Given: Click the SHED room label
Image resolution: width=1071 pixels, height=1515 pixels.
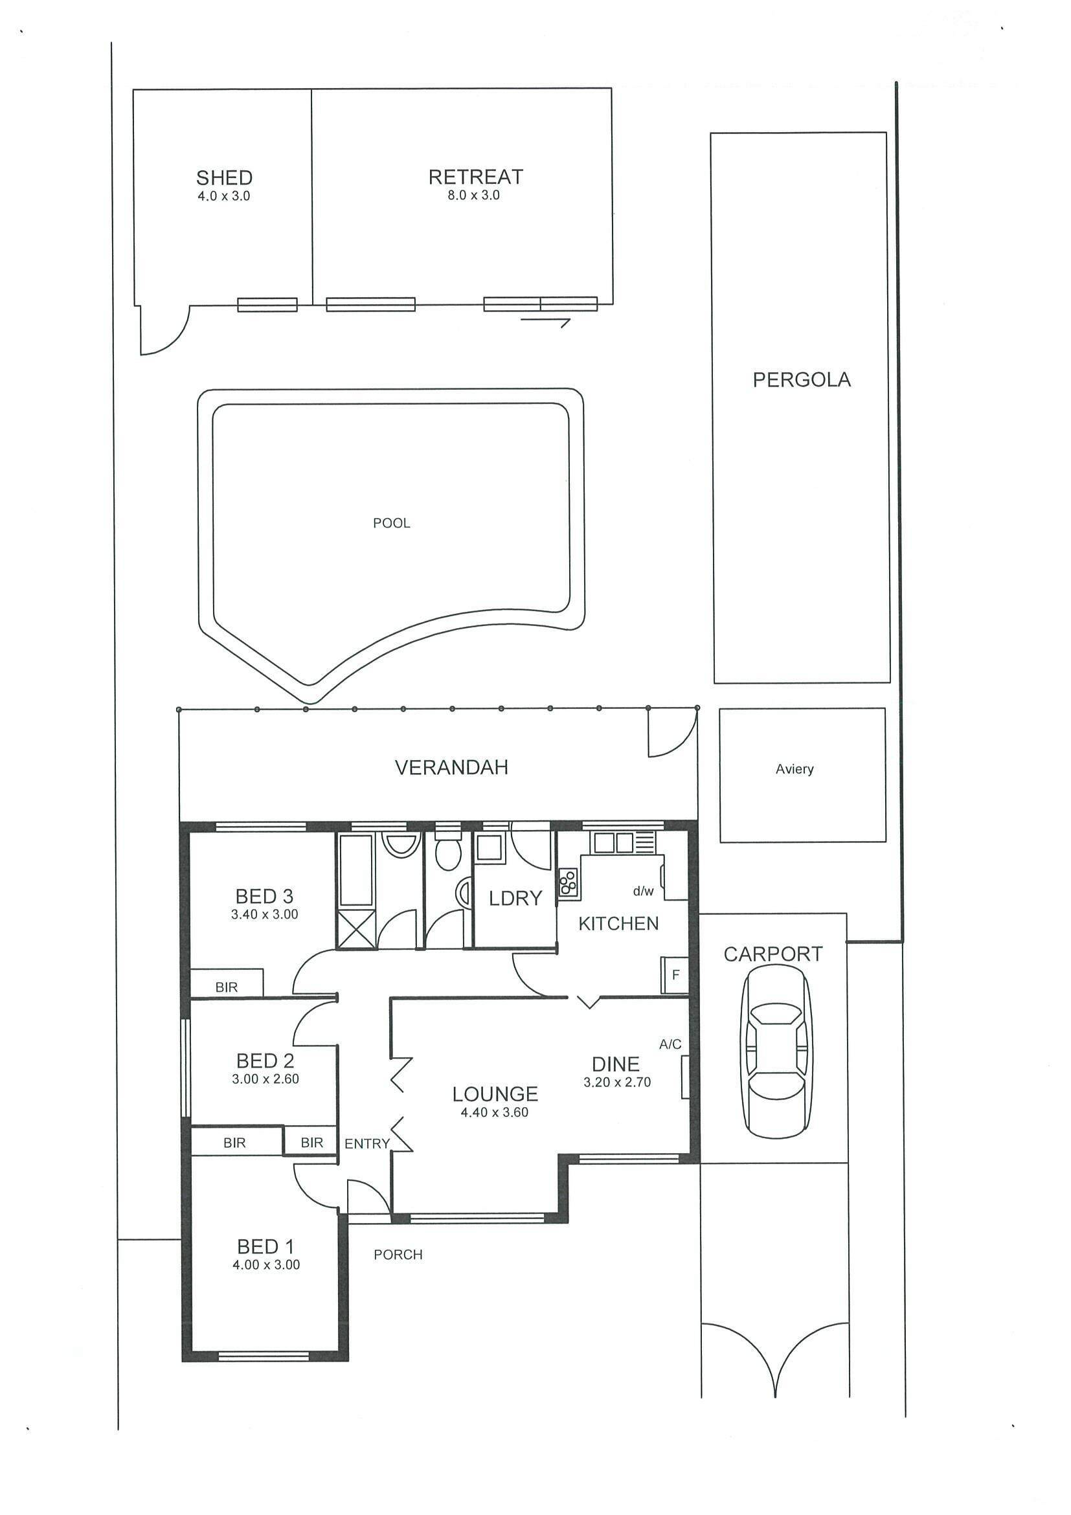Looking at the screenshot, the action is tap(224, 177).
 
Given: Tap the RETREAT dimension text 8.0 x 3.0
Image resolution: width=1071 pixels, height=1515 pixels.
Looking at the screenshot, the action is tap(474, 196).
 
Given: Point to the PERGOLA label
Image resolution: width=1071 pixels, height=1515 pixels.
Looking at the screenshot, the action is tap(802, 379).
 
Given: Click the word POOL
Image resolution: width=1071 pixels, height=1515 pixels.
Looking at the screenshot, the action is tap(392, 523).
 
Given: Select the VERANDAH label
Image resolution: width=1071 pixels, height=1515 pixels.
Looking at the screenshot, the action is tap(451, 767).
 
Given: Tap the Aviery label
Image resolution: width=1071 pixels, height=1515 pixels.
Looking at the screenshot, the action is tap(795, 769).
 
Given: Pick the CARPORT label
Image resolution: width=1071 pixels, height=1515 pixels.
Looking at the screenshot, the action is tap(773, 954).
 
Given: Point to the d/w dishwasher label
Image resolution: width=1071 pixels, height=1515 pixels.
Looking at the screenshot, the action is tap(644, 892).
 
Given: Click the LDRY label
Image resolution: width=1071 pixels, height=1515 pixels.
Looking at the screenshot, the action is tap(515, 898).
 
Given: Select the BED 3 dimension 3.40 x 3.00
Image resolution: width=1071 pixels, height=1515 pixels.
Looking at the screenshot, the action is tap(265, 915).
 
